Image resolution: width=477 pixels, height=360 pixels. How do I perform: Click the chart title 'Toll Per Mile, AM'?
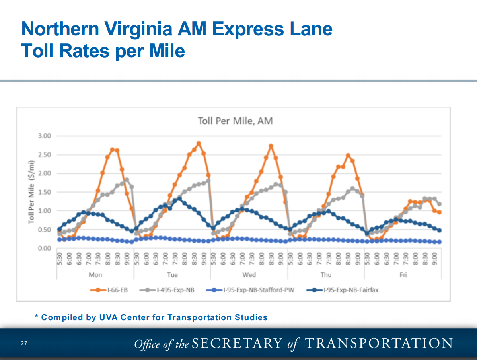pos(236,121)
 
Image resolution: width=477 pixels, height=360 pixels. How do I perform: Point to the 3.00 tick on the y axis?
pos(45,136)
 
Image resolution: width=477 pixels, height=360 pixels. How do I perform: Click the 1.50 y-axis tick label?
pos(45,192)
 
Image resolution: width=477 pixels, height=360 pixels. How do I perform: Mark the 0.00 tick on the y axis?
pos(45,249)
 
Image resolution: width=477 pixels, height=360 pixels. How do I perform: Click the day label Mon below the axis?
pos(95,275)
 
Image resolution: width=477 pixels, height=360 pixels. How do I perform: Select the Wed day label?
pos(249,275)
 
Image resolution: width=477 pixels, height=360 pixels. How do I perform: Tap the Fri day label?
pos(403,275)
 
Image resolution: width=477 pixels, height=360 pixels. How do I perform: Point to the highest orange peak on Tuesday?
pos(199,143)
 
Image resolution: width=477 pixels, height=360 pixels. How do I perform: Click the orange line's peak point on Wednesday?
pos(271,146)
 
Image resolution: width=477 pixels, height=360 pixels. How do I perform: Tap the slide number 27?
pos(24,343)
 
